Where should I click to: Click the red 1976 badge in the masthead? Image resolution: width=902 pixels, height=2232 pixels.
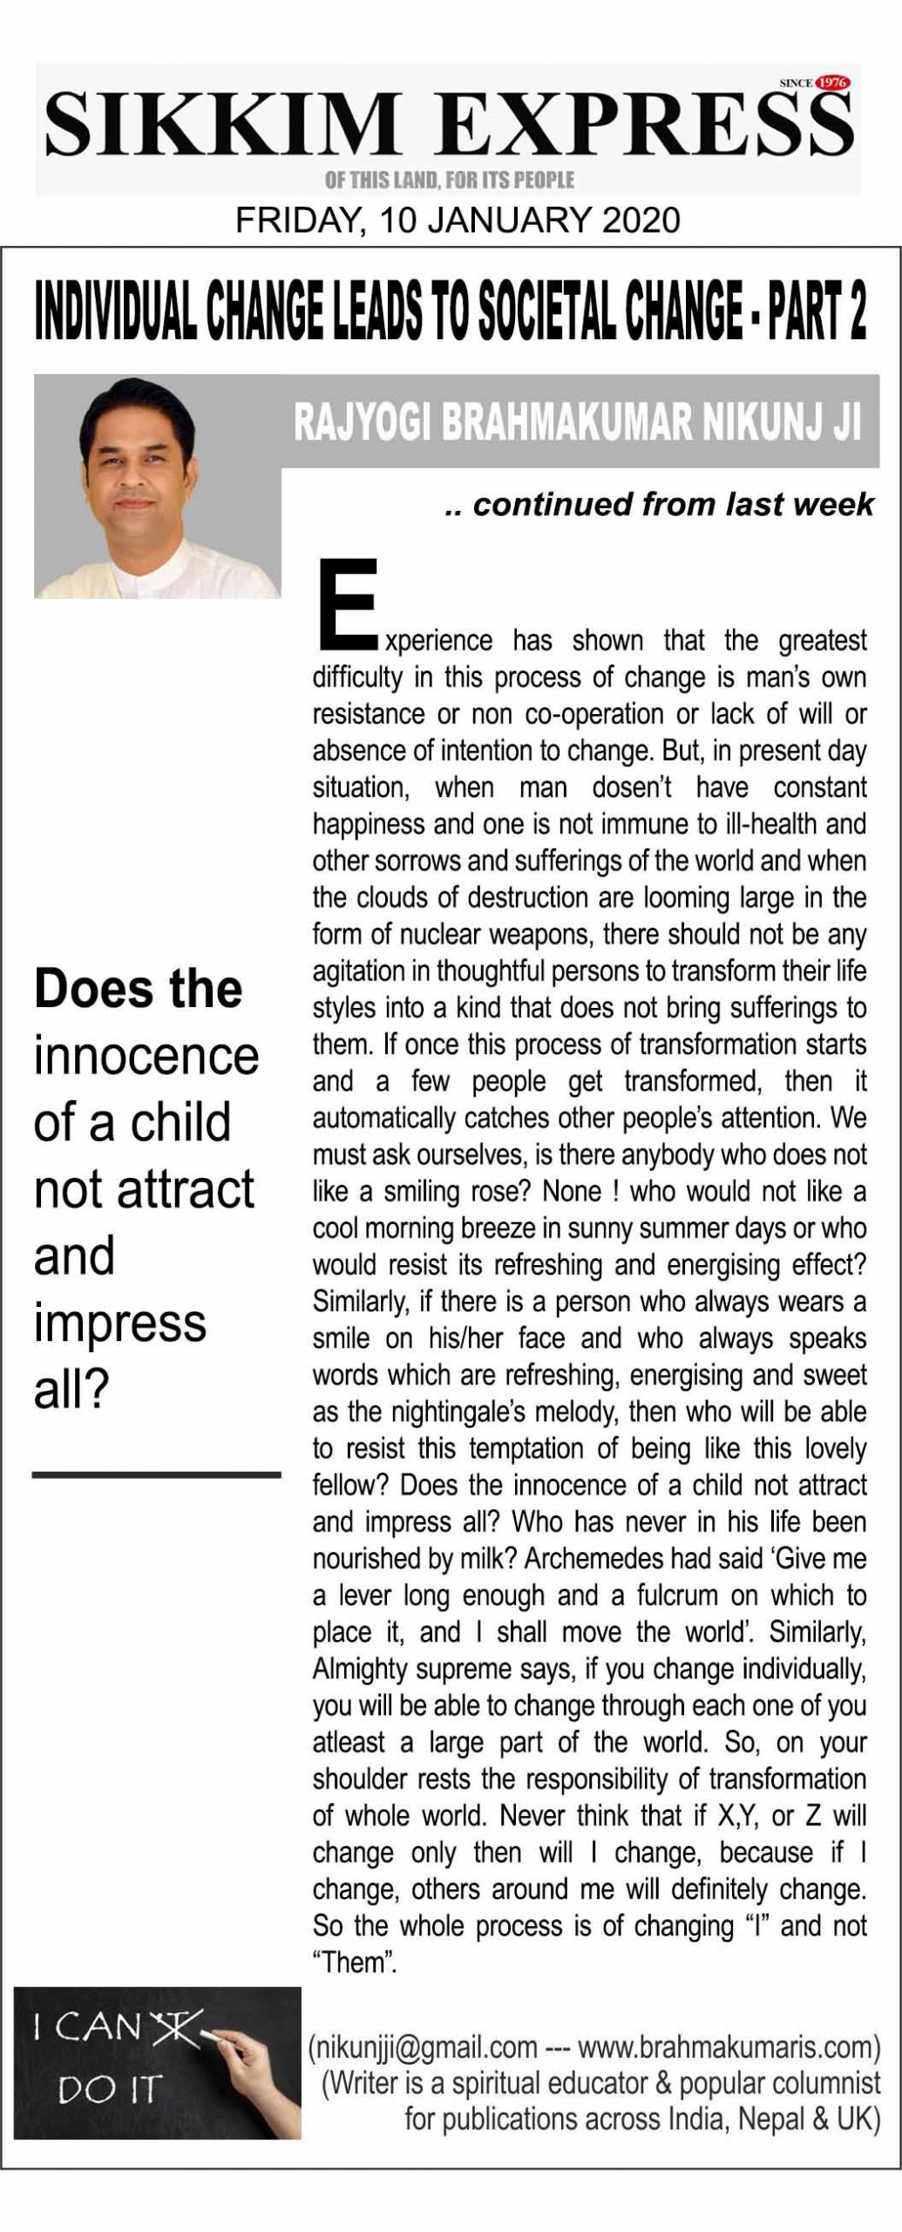[x=833, y=84]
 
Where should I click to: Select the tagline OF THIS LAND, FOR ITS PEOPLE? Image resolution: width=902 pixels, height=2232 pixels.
[x=449, y=180]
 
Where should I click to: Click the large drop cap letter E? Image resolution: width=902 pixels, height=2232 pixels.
[x=347, y=604]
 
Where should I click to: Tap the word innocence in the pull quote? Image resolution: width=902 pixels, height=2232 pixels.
[x=146, y=1056]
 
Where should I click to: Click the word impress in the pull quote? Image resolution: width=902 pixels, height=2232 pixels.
[x=120, y=1324]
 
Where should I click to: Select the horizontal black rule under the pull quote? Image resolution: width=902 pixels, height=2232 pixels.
[x=157, y=1474]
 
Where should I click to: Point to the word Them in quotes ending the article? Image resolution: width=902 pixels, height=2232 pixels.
[x=354, y=1963]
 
